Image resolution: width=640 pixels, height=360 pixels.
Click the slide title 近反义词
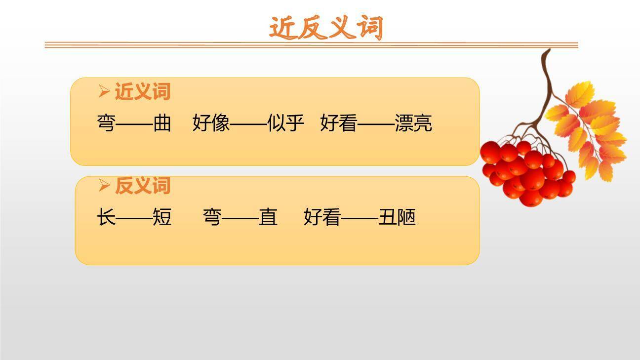[x=326, y=28]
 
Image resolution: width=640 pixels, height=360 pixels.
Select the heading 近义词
[x=142, y=91]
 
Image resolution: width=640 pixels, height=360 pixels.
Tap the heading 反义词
[x=142, y=186]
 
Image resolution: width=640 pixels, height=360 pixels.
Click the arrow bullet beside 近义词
[x=104, y=91]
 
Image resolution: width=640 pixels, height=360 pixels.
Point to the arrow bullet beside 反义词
[x=104, y=186]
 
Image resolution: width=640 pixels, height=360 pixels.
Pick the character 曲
[x=162, y=123]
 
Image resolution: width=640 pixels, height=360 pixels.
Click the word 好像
[x=211, y=123]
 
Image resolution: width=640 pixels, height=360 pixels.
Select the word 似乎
[x=285, y=123]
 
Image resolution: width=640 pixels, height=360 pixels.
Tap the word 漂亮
[x=413, y=123]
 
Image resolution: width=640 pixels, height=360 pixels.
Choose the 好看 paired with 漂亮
[x=339, y=123]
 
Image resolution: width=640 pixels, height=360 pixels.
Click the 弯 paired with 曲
[x=106, y=123]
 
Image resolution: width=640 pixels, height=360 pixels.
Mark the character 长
[x=106, y=217]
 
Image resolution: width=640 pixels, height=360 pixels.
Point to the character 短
[x=162, y=217]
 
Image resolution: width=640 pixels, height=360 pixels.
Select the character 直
[x=268, y=217]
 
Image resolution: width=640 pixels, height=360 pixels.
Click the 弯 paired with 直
[x=212, y=217]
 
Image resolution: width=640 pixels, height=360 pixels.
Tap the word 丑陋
[x=397, y=217]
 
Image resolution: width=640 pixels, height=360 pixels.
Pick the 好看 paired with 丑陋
[x=322, y=217]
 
